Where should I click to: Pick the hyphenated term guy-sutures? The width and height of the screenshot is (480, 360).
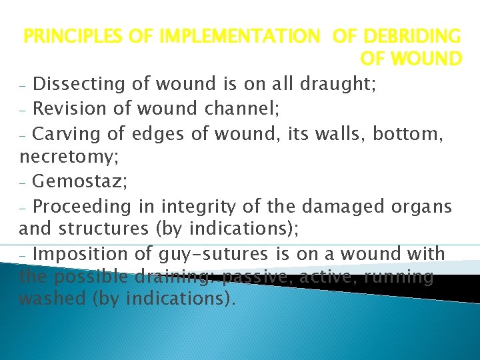[x=214, y=254]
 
